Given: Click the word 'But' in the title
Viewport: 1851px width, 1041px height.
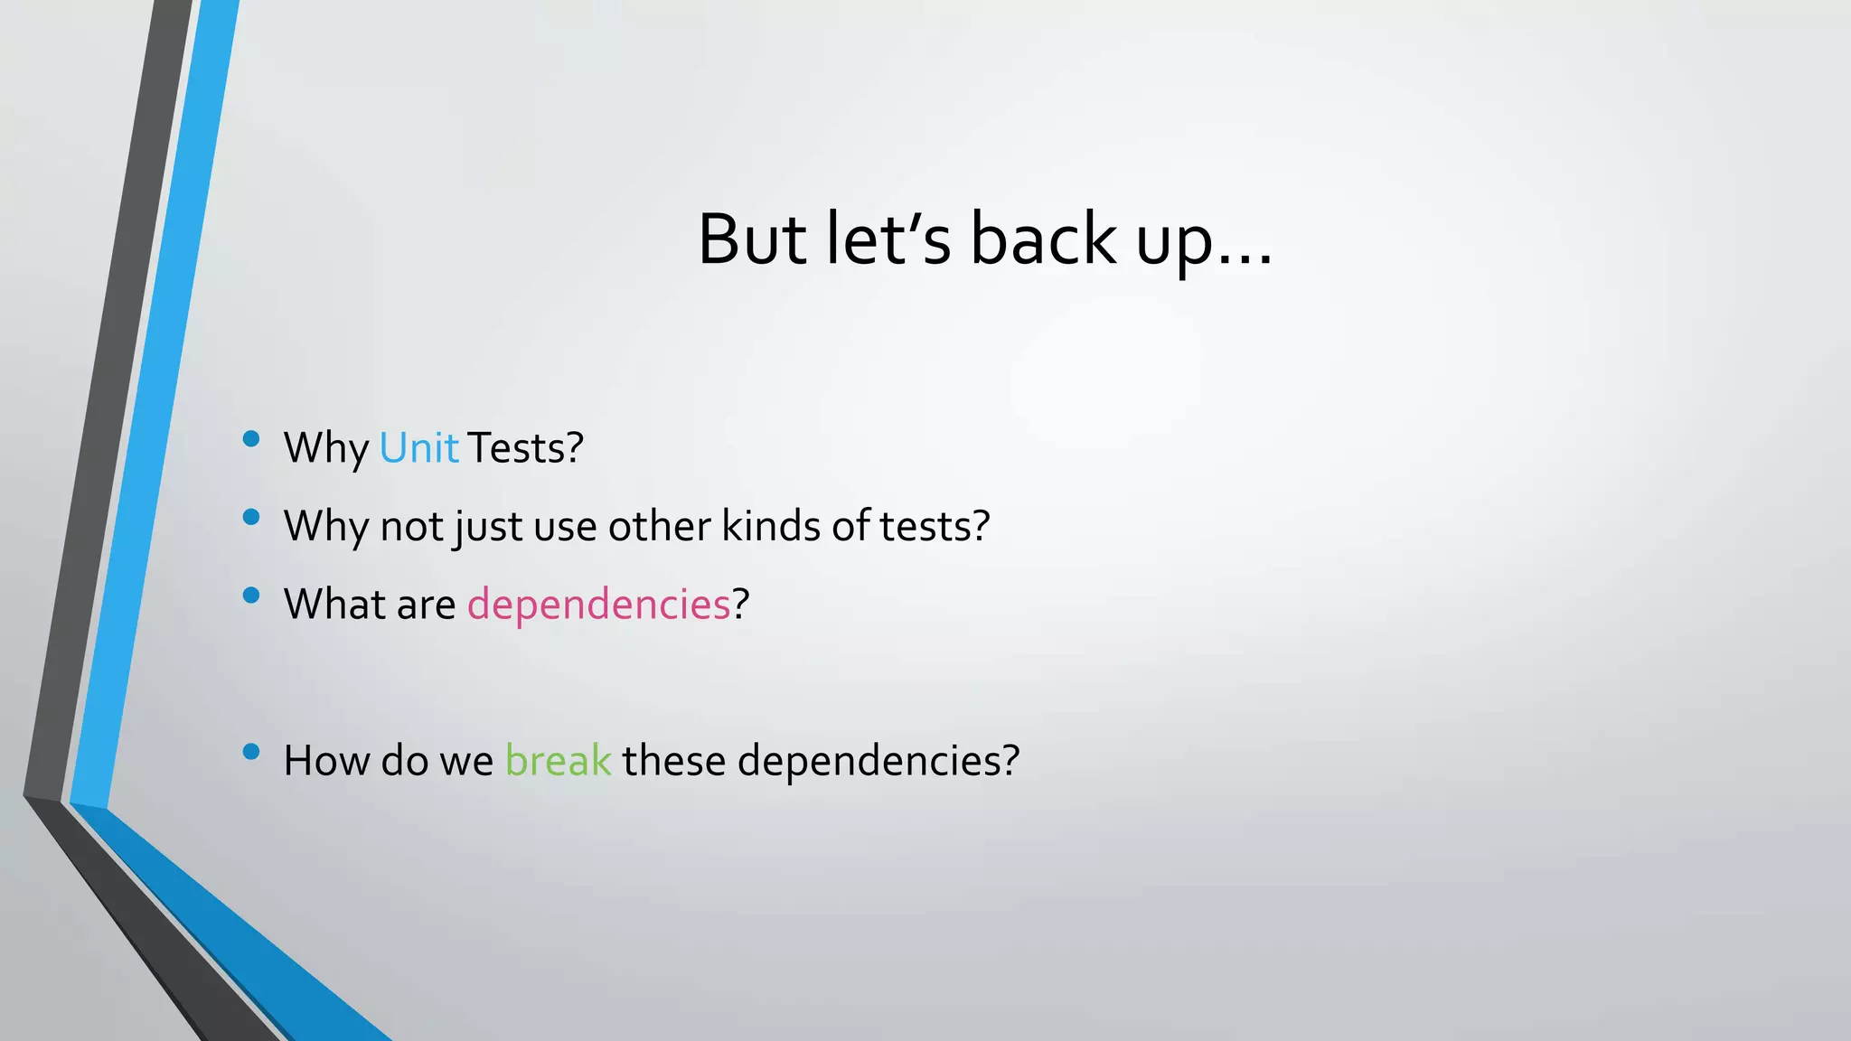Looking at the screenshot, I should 752,239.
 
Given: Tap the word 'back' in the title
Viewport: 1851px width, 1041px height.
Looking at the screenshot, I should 1043,239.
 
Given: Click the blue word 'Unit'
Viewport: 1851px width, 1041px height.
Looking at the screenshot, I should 418,448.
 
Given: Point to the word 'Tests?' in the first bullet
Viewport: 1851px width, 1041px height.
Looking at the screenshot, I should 525,448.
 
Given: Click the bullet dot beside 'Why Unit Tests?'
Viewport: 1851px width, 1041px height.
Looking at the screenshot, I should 251,440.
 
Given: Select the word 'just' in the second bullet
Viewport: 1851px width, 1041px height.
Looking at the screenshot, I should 488,527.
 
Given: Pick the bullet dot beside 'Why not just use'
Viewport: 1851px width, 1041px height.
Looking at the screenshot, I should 251,518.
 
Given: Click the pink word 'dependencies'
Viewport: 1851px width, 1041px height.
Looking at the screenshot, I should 598,605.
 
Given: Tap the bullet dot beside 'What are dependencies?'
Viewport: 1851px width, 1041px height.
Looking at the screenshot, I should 251,596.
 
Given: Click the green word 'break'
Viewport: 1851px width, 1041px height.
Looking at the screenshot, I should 558,761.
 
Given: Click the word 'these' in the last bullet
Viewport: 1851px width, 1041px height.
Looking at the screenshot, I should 673,761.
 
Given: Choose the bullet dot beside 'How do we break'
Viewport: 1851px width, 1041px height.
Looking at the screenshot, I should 251,752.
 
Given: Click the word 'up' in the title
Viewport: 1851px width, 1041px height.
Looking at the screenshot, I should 1173,244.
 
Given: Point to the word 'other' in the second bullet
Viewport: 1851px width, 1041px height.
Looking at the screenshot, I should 659,526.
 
